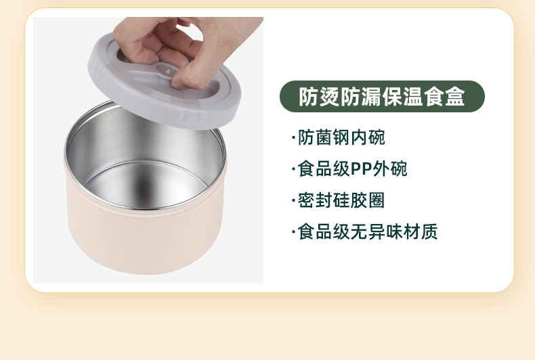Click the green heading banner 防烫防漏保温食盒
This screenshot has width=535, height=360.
coord(382,97)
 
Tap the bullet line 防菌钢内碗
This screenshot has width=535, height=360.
coord(339,137)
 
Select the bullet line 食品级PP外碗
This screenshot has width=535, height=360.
coord(349,168)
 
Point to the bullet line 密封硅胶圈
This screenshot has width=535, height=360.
coord(339,200)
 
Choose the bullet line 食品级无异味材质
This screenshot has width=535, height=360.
coord(365,232)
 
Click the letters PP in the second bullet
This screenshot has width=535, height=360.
coord(362,168)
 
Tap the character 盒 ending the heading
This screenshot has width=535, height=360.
coord(455,97)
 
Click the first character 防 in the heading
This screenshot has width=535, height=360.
coord(309,97)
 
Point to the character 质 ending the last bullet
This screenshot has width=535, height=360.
coord(429,232)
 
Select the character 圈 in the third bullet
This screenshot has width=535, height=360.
coord(377,200)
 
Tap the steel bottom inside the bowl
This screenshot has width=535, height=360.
coord(145,185)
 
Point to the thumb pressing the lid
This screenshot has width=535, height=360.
coord(187,76)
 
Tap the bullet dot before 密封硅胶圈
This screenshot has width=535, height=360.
coord(293,201)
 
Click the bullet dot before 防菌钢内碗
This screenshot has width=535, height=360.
coord(293,138)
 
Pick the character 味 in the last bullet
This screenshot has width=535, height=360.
coord(394,232)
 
